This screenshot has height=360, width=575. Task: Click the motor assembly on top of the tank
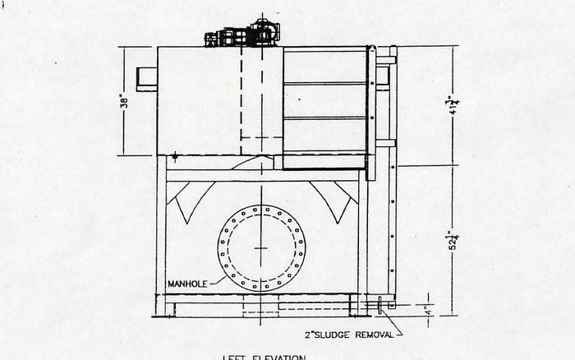pyautogui.click(x=243, y=34)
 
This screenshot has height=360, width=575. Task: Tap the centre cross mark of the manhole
pyautogui.click(x=261, y=247)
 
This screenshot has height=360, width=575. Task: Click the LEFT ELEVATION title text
pyautogui.click(x=264, y=357)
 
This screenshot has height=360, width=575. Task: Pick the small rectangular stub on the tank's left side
pyautogui.click(x=146, y=78)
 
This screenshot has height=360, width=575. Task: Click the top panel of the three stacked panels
pyautogui.click(x=324, y=66)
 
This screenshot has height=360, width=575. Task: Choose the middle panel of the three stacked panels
pyautogui.click(x=324, y=100)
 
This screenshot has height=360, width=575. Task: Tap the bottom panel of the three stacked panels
pyautogui.click(x=324, y=135)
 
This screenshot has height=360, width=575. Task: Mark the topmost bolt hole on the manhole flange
pyautogui.click(x=261, y=208)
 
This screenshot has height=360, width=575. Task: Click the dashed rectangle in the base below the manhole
pyautogui.click(x=261, y=309)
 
